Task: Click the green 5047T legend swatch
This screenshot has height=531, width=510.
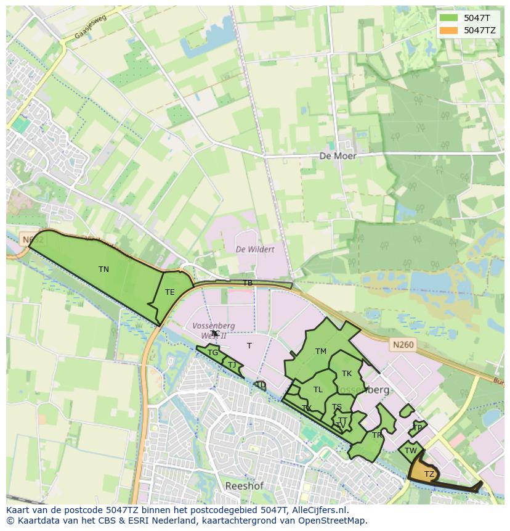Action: tap(448, 18)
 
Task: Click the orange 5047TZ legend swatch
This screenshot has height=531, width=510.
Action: tap(448, 30)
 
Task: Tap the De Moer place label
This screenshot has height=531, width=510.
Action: tap(338, 156)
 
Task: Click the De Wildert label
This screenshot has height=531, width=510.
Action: tap(255, 249)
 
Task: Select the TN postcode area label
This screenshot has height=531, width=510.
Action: tap(103, 270)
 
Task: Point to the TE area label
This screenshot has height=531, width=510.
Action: tap(170, 292)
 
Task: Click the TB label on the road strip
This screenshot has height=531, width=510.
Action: tap(248, 283)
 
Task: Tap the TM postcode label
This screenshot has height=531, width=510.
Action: tap(320, 352)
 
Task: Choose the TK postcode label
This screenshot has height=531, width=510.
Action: tap(347, 374)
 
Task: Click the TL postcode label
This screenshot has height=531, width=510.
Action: tap(318, 390)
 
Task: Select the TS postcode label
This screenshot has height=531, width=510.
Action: tap(336, 407)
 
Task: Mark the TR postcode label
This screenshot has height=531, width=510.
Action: tap(377, 435)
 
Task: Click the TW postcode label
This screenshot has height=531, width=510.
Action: tap(411, 451)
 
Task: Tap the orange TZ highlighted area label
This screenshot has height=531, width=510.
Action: tap(429, 474)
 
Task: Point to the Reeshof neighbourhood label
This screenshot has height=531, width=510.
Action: tap(244, 486)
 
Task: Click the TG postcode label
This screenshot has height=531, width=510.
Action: tap(212, 353)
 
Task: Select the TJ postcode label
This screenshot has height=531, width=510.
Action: tap(232, 365)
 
